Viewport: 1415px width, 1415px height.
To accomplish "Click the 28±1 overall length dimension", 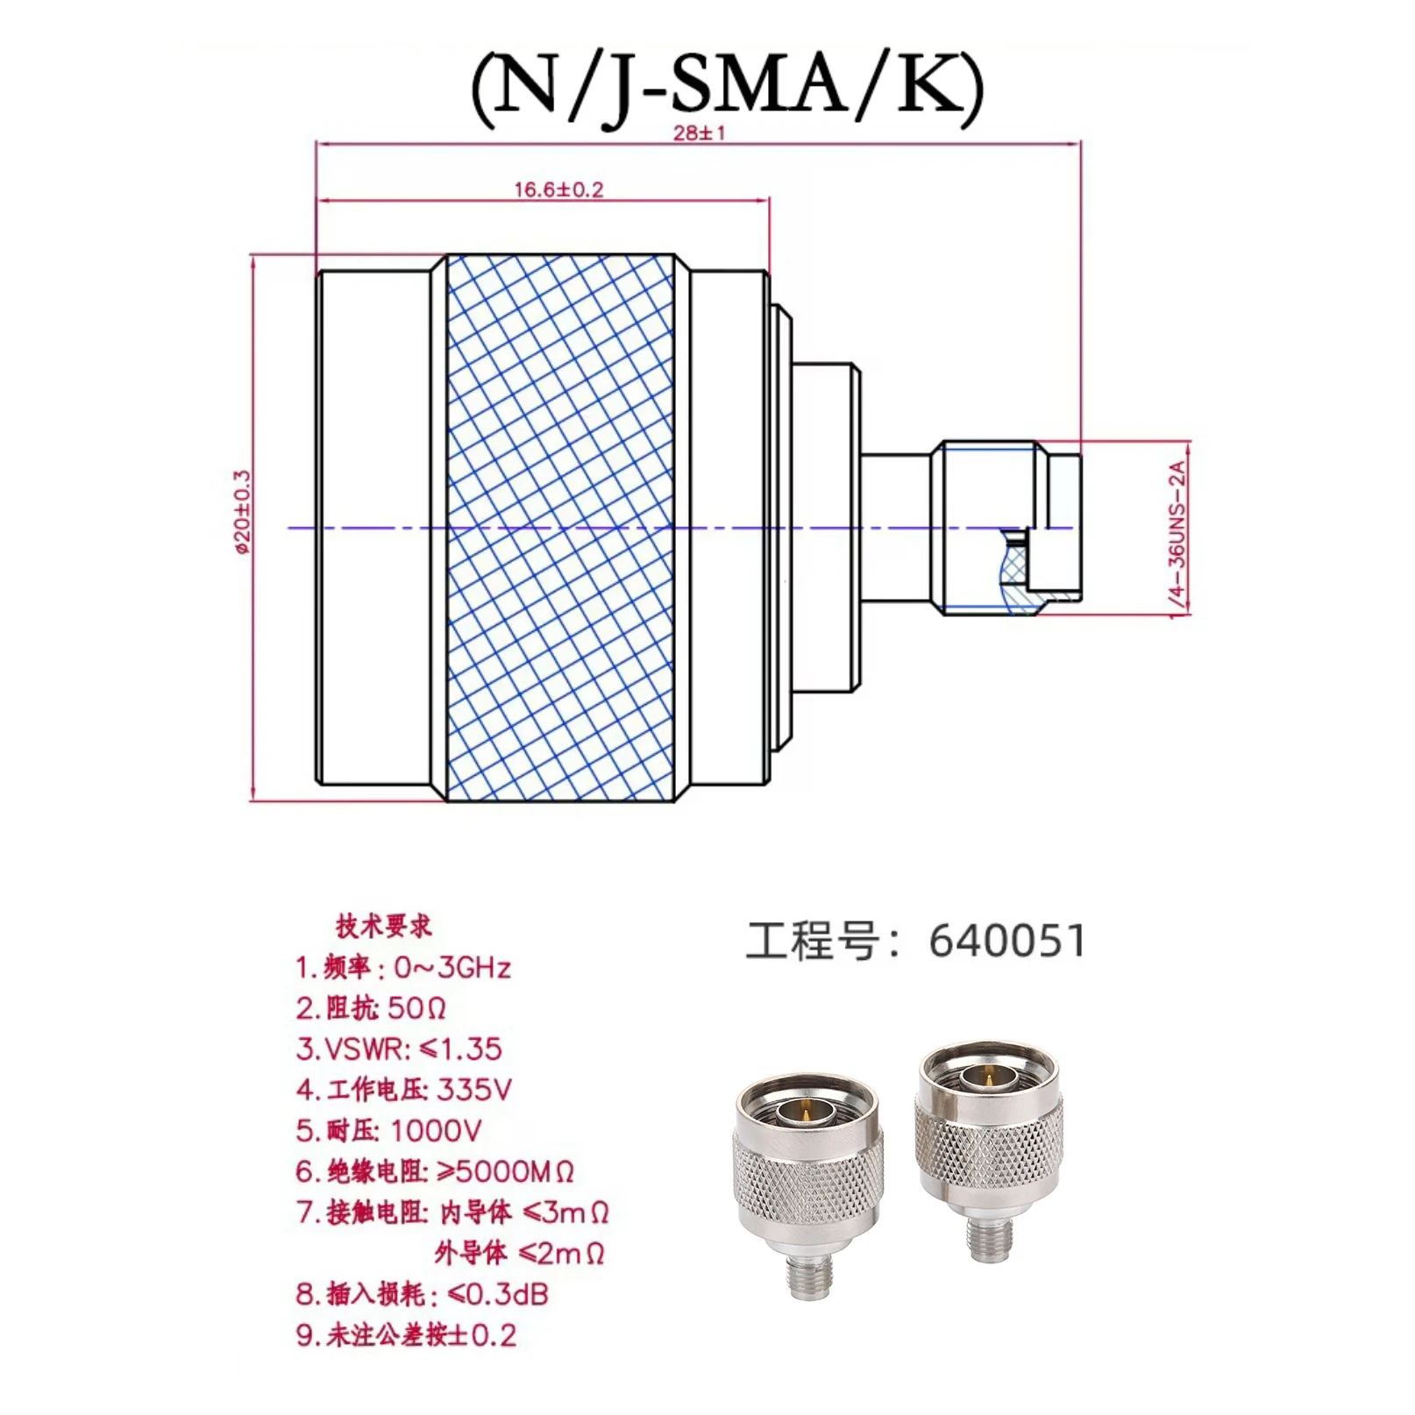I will (x=699, y=133).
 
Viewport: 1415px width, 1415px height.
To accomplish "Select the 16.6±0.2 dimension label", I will (x=558, y=189).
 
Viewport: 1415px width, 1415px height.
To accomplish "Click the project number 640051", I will (x=1006, y=942).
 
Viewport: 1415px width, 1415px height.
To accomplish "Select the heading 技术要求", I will (x=384, y=927).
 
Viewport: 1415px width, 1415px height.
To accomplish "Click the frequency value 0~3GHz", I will (x=452, y=968).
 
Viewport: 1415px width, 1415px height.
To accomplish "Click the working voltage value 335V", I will (x=474, y=1090).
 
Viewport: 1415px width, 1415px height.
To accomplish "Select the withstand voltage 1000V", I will (x=436, y=1131).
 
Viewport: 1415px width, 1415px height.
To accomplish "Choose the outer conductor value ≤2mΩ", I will (x=561, y=1254).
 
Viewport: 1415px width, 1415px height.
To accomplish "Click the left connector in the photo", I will (x=807, y=1184).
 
